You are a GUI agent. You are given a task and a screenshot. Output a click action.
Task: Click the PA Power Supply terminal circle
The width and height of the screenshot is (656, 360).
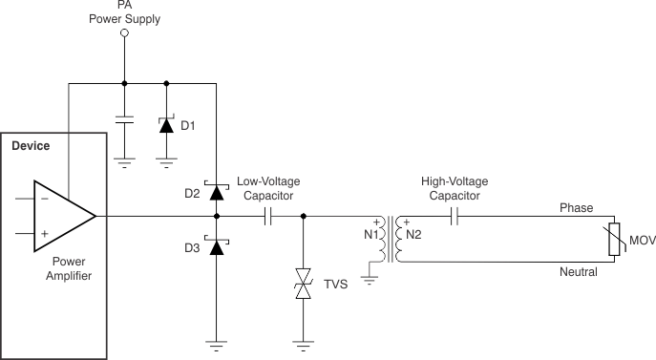(124, 34)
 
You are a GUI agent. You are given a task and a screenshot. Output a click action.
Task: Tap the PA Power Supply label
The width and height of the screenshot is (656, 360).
(124, 12)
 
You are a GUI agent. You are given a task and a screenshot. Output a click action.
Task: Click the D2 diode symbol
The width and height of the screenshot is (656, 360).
(217, 192)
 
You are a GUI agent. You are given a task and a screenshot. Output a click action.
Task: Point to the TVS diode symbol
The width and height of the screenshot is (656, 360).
(304, 286)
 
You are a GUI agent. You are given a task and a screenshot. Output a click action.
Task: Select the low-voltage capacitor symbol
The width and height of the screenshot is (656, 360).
(267, 217)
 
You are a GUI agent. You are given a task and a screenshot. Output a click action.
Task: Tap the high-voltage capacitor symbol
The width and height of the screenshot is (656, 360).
(456, 217)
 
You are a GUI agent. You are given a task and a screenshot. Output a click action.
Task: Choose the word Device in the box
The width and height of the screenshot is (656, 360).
(30, 147)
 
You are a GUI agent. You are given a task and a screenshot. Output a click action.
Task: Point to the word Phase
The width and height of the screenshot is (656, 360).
(576, 207)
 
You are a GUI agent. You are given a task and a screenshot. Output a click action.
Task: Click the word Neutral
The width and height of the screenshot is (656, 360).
(579, 272)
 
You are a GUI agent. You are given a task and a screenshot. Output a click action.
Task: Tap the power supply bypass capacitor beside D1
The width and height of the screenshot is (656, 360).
(124, 121)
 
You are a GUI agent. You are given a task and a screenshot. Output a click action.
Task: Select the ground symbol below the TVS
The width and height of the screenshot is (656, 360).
(304, 345)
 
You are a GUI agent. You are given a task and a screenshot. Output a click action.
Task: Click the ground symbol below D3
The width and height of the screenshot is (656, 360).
(217, 345)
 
